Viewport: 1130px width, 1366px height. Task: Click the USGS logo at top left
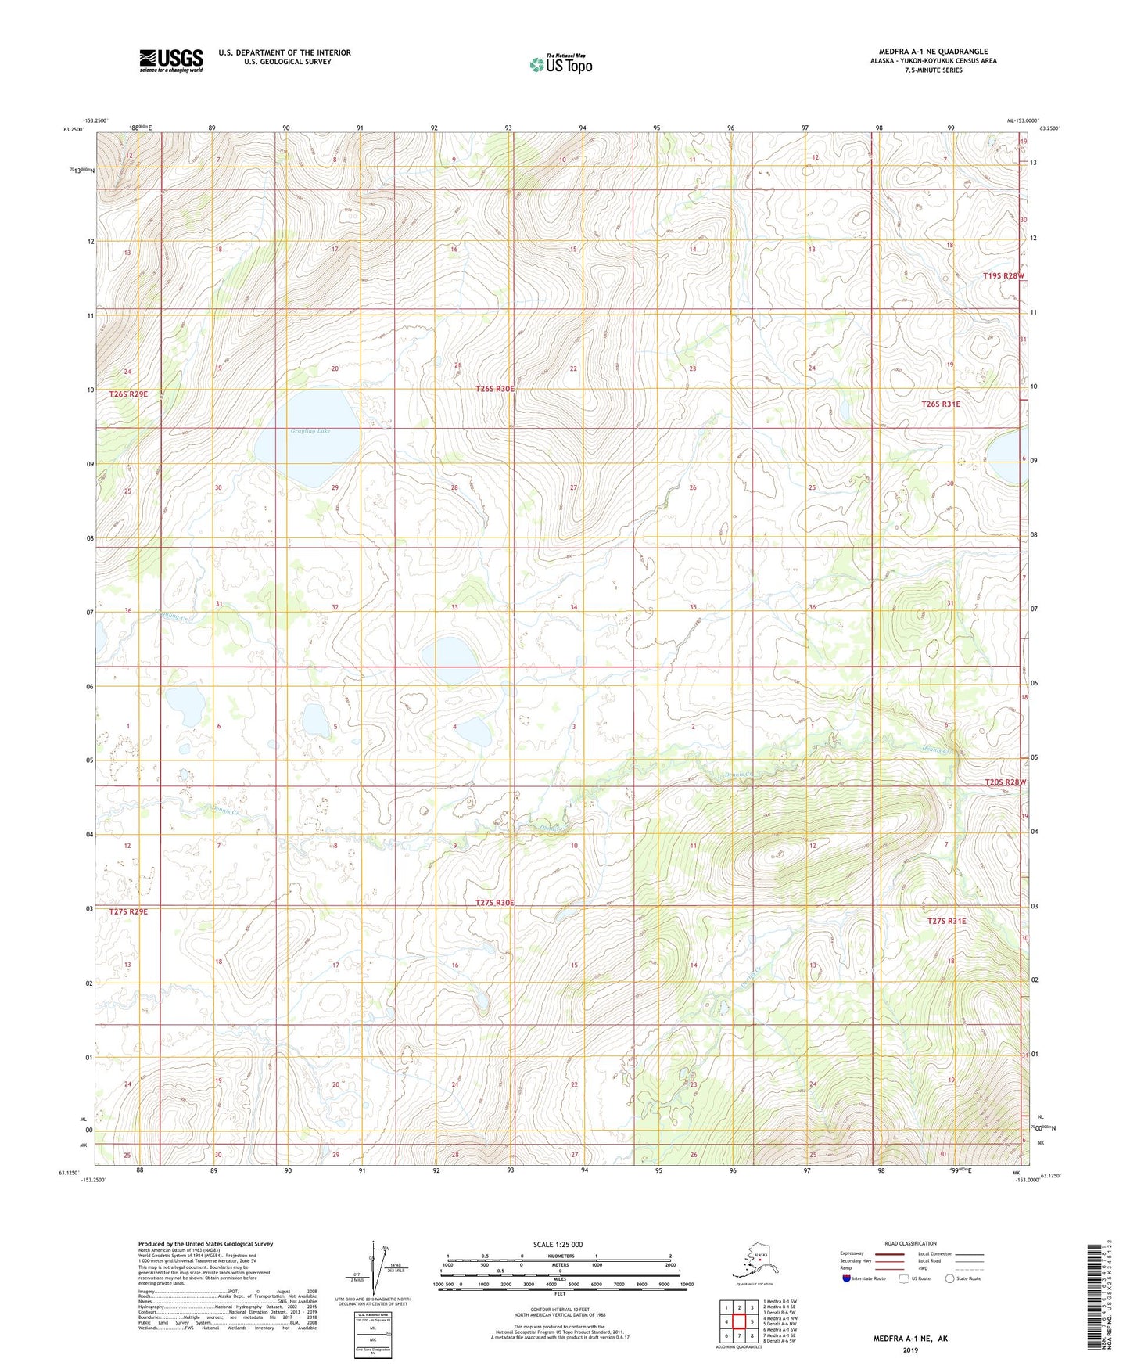pyautogui.click(x=170, y=60)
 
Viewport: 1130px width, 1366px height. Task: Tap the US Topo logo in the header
pyautogui.click(x=560, y=64)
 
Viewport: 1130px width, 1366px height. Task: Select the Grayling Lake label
pyautogui.click(x=310, y=431)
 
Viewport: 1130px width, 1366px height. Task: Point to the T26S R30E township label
pyautogui.click(x=494, y=389)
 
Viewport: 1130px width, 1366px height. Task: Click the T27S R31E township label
pyautogui.click(x=946, y=922)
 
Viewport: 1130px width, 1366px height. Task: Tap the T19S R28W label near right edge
pyautogui.click(x=1003, y=276)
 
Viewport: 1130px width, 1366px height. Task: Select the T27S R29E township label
pyautogui.click(x=128, y=912)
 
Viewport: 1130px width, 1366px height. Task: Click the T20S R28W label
pyautogui.click(x=1004, y=782)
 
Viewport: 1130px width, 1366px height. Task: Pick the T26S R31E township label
pyautogui.click(x=941, y=404)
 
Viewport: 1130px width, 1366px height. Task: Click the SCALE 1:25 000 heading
pyautogui.click(x=558, y=1245)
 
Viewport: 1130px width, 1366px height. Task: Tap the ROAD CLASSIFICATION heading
pyautogui.click(x=910, y=1243)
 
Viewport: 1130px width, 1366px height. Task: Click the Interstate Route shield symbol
pyautogui.click(x=846, y=1278)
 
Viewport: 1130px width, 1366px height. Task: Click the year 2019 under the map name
pyautogui.click(x=909, y=1350)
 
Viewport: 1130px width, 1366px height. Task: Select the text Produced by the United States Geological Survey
pyautogui.click(x=206, y=1244)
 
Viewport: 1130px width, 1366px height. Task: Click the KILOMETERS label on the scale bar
pyautogui.click(x=558, y=1256)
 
